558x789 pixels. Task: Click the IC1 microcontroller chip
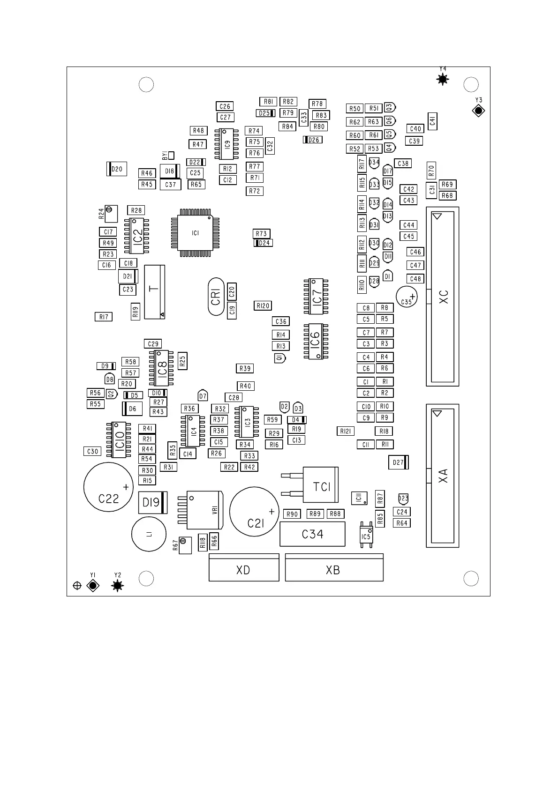click(x=195, y=233)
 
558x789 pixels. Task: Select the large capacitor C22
click(x=108, y=487)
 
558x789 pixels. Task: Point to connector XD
click(x=244, y=569)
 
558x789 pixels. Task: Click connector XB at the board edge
click(x=334, y=569)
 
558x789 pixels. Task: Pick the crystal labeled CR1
click(x=216, y=297)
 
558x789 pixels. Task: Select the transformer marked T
click(x=155, y=291)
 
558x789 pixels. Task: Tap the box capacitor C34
click(x=312, y=534)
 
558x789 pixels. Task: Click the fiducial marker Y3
click(x=478, y=111)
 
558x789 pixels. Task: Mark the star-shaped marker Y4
click(x=443, y=80)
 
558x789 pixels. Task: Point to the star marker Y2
click(x=118, y=585)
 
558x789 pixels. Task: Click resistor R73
click(x=261, y=233)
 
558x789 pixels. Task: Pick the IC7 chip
click(x=316, y=297)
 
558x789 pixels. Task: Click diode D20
click(x=117, y=169)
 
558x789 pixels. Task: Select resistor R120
click(x=263, y=305)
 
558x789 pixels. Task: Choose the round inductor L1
click(x=149, y=534)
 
